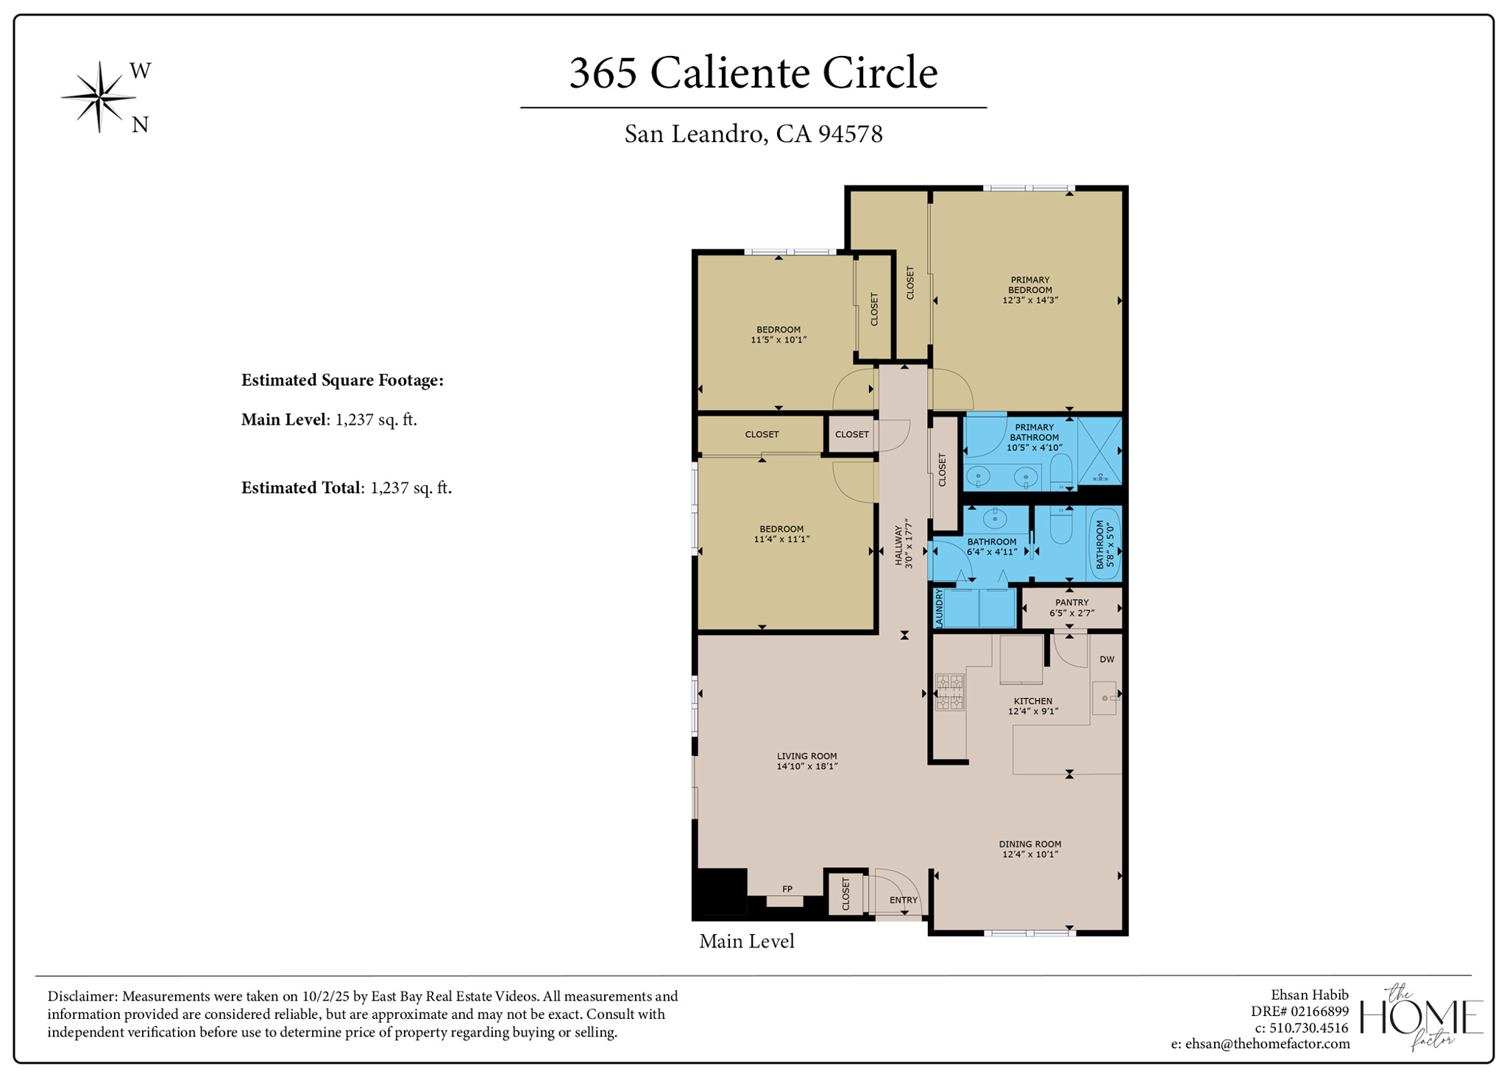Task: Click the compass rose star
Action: [x=99, y=96]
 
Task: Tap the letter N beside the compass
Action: [x=140, y=125]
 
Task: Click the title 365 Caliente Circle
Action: [x=753, y=73]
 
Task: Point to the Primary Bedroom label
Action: [x=1029, y=290]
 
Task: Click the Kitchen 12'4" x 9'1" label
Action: [x=1032, y=706]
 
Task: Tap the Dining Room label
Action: [x=1029, y=849]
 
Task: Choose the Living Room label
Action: [x=806, y=760]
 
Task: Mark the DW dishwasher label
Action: [x=1107, y=660]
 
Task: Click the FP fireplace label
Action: [x=787, y=889]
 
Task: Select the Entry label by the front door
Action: [x=903, y=900]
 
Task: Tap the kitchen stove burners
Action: [x=949, y=692]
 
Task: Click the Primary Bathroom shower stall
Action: [x=1099, y=451]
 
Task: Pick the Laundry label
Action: [x=939, y=608]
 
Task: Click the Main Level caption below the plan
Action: [x=746, y=942]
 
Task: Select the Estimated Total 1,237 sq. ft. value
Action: [x=411, y=488]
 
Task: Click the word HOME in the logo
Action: [x=1421, y=1017]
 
